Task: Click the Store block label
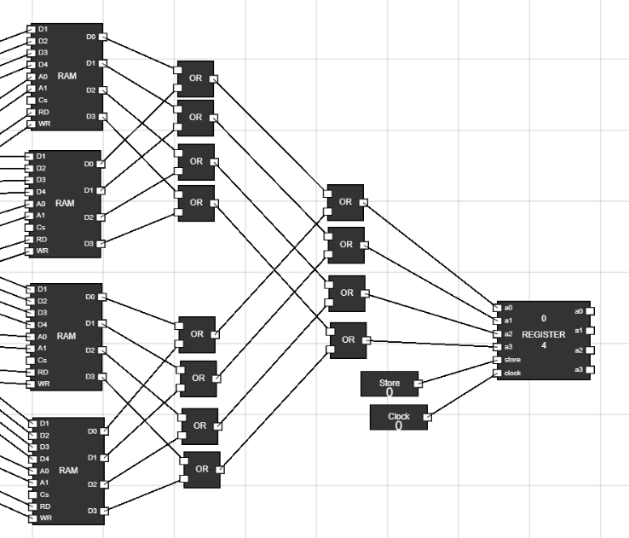pos(389,383)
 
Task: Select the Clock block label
pos(398,416)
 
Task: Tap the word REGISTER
pos(543,334)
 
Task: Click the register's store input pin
pos(499,360)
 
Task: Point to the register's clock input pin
pos(499,373)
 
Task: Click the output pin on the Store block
pos(418,384)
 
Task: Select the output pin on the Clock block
pos(427,417)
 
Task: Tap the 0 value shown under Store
pos(390,393)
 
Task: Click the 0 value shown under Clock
pos(398,425)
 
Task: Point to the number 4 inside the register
pos(544,345)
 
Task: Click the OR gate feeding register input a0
pos(345,202)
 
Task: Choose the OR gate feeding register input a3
pos(348,339)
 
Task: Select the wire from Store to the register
pos(458,372)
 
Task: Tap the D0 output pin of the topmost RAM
pos(103,38)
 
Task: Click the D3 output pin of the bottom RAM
pos(105,511)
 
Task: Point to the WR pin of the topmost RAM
pos(32,124)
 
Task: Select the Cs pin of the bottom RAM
pos(33,495)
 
